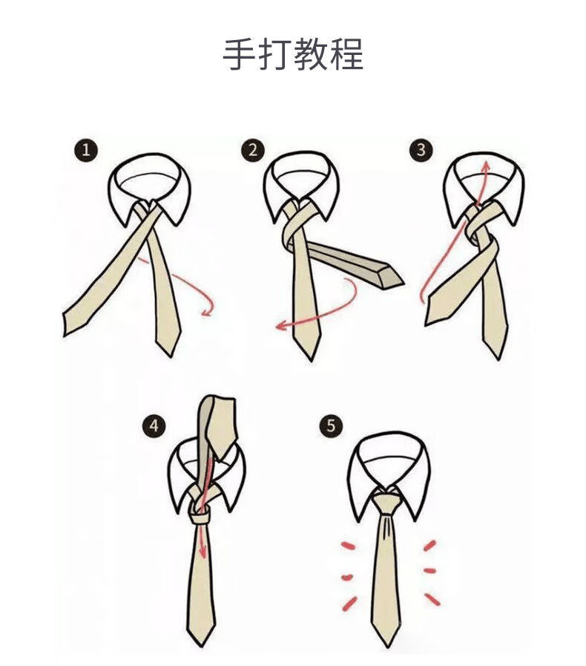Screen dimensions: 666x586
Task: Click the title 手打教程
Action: coord(293,56)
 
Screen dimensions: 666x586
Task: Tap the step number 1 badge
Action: coord(86,151)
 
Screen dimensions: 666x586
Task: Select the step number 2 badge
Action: coord(253,151)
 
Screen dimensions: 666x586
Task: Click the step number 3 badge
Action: coord(421,151)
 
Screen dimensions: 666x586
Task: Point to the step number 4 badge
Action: coord(154,425)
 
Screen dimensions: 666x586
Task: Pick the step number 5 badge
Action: coord(331,425)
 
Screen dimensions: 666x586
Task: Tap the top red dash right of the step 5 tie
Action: coord(429,546)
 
